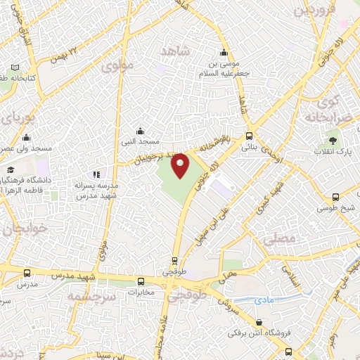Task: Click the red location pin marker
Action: coord(181,165)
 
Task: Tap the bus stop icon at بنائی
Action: coord(250,136)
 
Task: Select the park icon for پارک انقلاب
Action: coord(333,141)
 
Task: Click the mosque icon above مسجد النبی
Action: coord(139,130)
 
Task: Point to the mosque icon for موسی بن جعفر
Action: coord(224,52)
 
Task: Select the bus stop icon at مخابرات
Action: coord(141,279)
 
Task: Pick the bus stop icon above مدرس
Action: coord(27,273)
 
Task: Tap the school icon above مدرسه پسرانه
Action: coord(96,174)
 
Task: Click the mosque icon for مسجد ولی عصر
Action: coord(26,138)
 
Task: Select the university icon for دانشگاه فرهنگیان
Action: coord(11,170)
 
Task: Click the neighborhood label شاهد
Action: coord(175,51)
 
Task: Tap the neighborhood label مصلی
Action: coord(276,240)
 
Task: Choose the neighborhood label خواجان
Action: coord(17,230)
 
